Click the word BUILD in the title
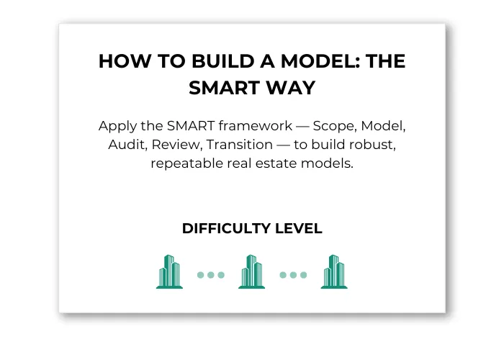point(223,61)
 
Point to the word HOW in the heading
point(125,61)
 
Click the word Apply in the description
point(117,126)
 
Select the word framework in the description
point(256,126)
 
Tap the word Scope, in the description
point(335,126)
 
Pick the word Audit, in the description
point(127,145)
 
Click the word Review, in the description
point(177,145)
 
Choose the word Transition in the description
point(240,145)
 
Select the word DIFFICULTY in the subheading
point(226,228)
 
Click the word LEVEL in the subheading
point(299,228)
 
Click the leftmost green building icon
point(169,272)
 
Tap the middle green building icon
point(252,272)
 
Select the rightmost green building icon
point(334,272)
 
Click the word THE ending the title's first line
point(385,61)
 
